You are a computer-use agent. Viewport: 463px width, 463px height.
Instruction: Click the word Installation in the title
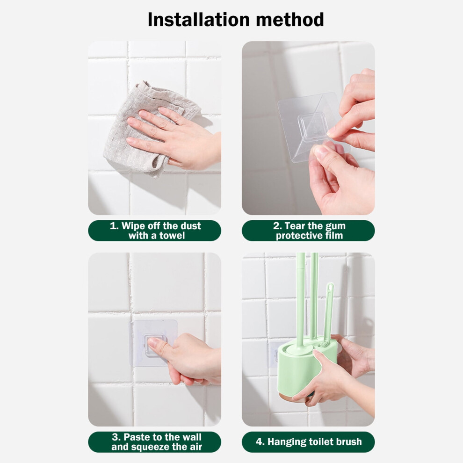pos(199,20)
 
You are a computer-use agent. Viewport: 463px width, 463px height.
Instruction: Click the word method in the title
pos(290,20)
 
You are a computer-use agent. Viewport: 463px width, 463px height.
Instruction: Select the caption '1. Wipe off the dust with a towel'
pos(155,231)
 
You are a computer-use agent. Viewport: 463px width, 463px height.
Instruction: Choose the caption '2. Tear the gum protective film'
pos(309,231)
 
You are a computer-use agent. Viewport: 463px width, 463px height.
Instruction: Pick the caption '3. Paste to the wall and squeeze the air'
pos(157,442)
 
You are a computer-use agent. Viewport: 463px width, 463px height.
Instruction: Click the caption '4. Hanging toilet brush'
pos(309,442)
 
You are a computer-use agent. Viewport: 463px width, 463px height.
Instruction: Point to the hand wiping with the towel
pos(174,136)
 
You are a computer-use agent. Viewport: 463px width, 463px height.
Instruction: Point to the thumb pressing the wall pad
pos(159,347)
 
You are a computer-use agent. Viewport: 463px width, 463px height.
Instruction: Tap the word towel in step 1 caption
pos(172,236)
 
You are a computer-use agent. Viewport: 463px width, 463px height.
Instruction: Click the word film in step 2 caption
pos(335,236)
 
